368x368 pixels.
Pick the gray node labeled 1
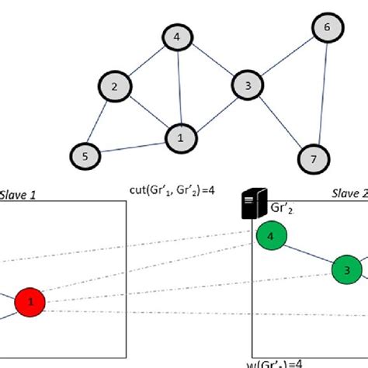pos(180,138)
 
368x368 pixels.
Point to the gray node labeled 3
pos(248,85)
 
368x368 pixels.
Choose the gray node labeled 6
pos(326,28)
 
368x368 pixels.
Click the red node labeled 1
pos(31,300)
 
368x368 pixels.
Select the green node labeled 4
pos(269,235)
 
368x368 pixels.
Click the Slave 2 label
pos(347,192)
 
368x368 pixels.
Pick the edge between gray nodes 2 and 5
pos(99,121)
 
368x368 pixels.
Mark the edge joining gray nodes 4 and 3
pos(212,61)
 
